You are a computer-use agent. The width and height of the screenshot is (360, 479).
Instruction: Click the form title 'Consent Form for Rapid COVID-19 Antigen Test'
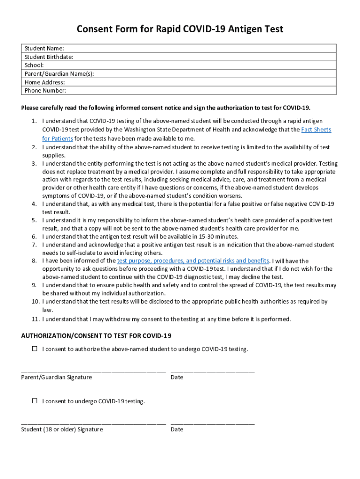click(x=180, y=29)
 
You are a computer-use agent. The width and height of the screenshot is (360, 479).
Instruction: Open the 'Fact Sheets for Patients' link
click(x=316, y=130)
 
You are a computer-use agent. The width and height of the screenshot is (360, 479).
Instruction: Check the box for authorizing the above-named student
click(x=34, y=349)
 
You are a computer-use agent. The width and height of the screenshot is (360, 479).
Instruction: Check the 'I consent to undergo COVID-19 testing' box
click(x=34, y=401)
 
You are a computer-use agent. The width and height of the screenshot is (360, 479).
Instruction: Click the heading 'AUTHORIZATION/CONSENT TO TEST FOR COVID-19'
click(x=96, y=336)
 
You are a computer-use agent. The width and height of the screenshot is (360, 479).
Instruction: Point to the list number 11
click(x=34, y=319)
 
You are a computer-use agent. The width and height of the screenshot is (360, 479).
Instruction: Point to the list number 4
click(x=34, y=204)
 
